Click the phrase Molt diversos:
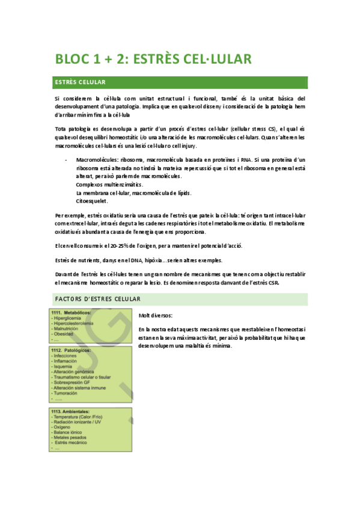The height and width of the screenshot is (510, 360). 156,316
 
